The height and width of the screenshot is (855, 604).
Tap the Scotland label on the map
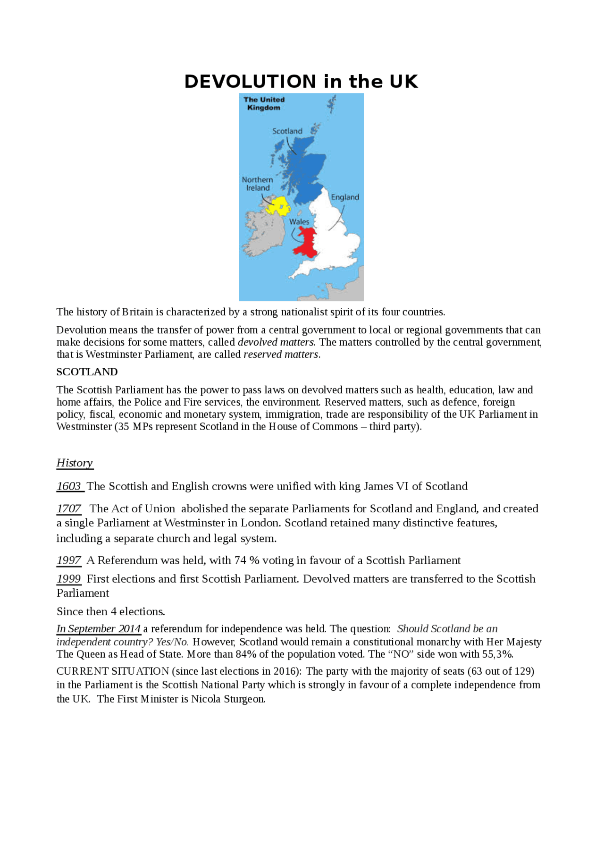point(287,131)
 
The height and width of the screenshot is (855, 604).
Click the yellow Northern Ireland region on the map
point(277,206)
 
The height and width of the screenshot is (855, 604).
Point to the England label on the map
point(345,197)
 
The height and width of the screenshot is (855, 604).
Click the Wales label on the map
point(299,222)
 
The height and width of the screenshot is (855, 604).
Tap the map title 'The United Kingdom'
point(264,103)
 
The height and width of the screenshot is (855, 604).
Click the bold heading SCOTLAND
point(87,372)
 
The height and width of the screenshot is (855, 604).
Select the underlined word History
point(75,463)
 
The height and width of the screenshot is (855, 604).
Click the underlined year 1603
point(69,486)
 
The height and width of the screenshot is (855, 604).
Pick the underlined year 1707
point(69,509)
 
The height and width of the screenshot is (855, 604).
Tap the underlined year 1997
point(69,560)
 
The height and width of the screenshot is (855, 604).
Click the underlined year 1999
point(69,579)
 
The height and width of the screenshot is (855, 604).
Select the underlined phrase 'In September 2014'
point(98,629)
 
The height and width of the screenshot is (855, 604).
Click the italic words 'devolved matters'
point(276,342)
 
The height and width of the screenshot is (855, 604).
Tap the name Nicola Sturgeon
point(228,699)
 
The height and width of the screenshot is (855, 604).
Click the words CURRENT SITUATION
point(112,671)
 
